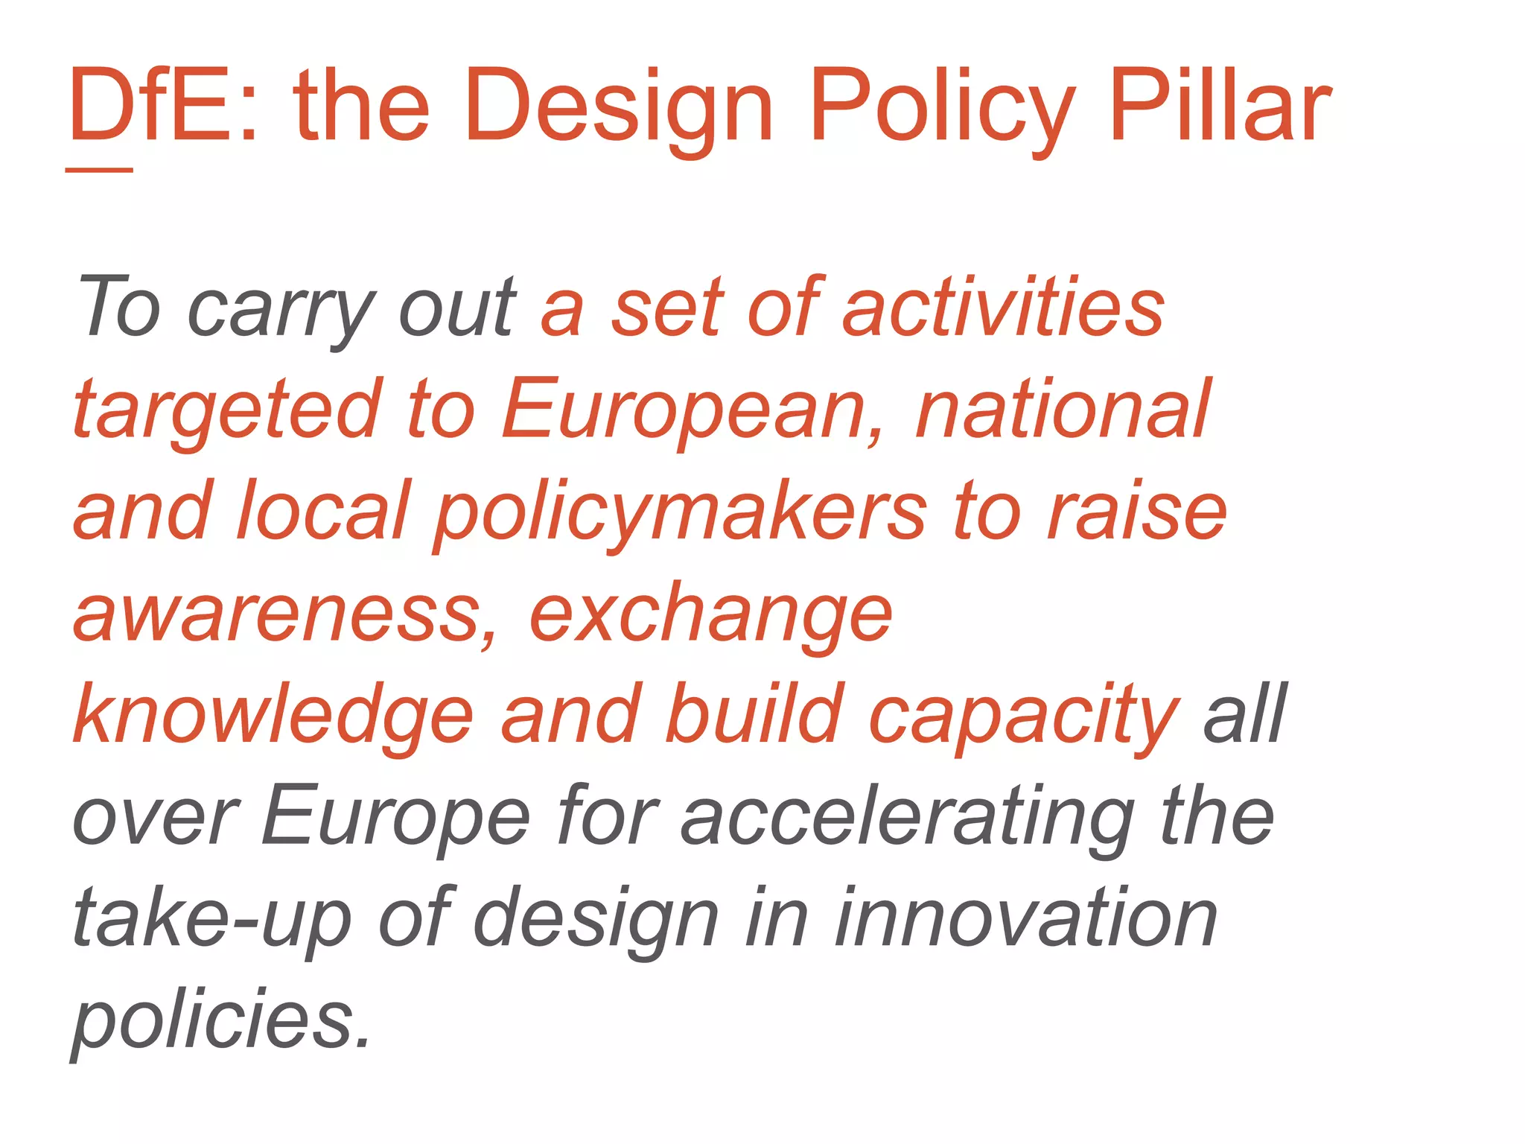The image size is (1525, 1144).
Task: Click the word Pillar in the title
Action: (1219, 106)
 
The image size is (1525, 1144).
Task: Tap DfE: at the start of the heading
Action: (164, 106)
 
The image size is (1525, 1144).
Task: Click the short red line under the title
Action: (99, 171)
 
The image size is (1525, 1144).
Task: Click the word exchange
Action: (710, 615)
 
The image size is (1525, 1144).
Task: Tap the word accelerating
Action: (908, 818)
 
